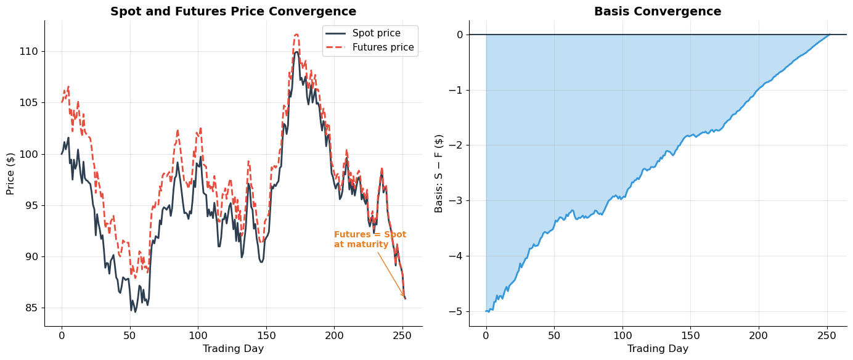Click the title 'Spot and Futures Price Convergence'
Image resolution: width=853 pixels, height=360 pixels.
tap(233, 12)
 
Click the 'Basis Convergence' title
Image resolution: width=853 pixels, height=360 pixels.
tap(658, 12)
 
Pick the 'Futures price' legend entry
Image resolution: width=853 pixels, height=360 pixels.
tap(383, 47)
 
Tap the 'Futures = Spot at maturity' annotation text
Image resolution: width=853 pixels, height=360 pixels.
tap(370, 240)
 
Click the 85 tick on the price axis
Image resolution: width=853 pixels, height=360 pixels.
tap(33, 308)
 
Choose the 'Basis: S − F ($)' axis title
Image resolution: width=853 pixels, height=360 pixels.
tap(439, 173)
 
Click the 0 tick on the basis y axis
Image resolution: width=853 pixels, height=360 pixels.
tap(459, 35)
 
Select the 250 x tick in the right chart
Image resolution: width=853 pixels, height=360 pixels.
tap(826, 335)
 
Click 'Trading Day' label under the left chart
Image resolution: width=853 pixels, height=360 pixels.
tap(233, 349)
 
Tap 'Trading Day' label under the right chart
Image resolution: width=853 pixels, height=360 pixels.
tap(658, 349)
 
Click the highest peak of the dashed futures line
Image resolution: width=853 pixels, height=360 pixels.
tap(296, 35)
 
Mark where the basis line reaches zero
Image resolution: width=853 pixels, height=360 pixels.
tap(830, 35)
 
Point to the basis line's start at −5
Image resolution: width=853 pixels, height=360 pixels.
tap(486, 311)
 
